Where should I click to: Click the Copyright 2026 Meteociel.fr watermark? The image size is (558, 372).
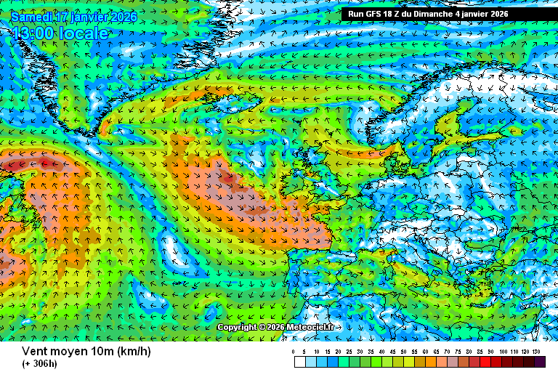275,327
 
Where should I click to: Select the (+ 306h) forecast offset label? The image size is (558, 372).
39,364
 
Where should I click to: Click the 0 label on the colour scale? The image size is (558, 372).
294,352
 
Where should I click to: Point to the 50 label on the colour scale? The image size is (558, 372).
403,352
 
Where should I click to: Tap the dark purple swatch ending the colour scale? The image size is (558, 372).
540,362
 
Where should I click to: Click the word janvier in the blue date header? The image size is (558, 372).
90,16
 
